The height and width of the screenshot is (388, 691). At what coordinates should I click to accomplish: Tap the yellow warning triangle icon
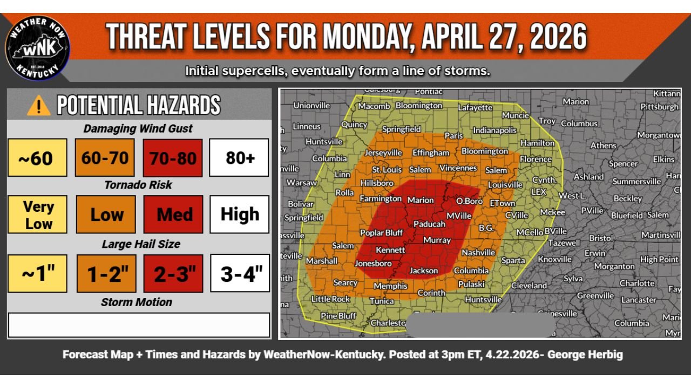38,106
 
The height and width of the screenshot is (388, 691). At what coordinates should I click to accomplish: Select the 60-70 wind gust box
105,158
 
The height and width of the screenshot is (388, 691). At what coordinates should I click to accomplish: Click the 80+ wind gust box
240,158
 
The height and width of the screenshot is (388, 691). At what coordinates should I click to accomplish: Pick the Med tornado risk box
173,214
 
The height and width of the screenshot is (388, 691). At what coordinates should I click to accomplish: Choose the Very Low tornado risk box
38,214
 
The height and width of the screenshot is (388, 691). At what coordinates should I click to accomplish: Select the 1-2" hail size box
105,273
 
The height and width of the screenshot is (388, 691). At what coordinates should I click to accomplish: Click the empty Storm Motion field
139,325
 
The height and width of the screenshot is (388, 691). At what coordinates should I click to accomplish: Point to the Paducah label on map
429,224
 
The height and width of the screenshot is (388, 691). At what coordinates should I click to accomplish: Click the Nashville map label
478,252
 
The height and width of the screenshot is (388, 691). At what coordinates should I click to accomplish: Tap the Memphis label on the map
390,286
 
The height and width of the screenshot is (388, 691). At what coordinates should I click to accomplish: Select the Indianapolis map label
494,130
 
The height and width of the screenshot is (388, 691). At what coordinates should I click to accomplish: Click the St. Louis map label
387,170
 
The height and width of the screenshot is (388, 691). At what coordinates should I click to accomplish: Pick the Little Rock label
330,299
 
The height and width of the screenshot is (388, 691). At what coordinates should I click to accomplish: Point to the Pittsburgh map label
659,107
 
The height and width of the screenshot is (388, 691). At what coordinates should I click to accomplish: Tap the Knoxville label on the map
554,259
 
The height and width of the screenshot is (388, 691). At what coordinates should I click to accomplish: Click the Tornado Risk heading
138,185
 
